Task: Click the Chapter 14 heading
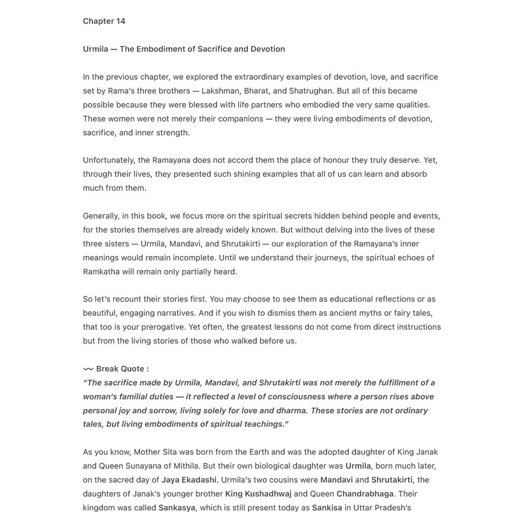click(x=104, y=21)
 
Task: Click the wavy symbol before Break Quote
click(x=88, y=369)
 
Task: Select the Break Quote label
click(x=122, y=369)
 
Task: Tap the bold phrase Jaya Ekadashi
click(x=189, y=480)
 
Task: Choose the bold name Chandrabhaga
click(x=365, y=494)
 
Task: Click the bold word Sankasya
click(x=177, y=508)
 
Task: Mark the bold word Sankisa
click(x=327, y=508)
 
